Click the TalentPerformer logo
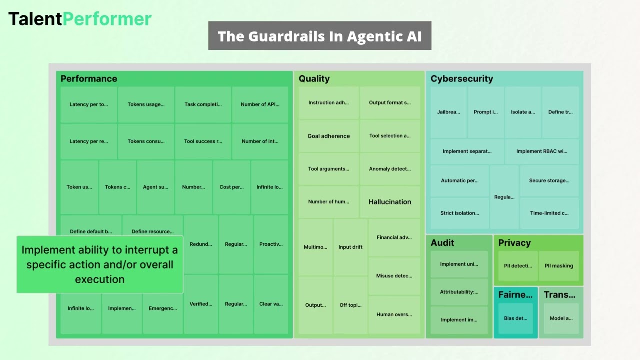[80, 19]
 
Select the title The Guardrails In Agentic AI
[320, 36]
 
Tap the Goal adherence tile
[328, 136]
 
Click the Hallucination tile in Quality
[390, 202]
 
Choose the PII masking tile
[559, 266]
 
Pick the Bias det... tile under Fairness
[515, 318]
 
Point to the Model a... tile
[561, 318]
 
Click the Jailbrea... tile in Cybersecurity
[448, 112]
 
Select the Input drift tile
[350, 247]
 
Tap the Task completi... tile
[203, 104]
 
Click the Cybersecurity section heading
[462, 79]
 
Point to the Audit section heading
[442, 243]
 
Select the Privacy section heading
[514, 243]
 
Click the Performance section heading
[89, 79]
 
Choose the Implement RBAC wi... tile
[542, 151]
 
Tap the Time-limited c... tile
[549, 213]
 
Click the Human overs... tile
[394, 315]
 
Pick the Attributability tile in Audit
[459, 292]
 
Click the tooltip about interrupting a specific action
[100, 264]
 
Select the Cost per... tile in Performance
[231, 187]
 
